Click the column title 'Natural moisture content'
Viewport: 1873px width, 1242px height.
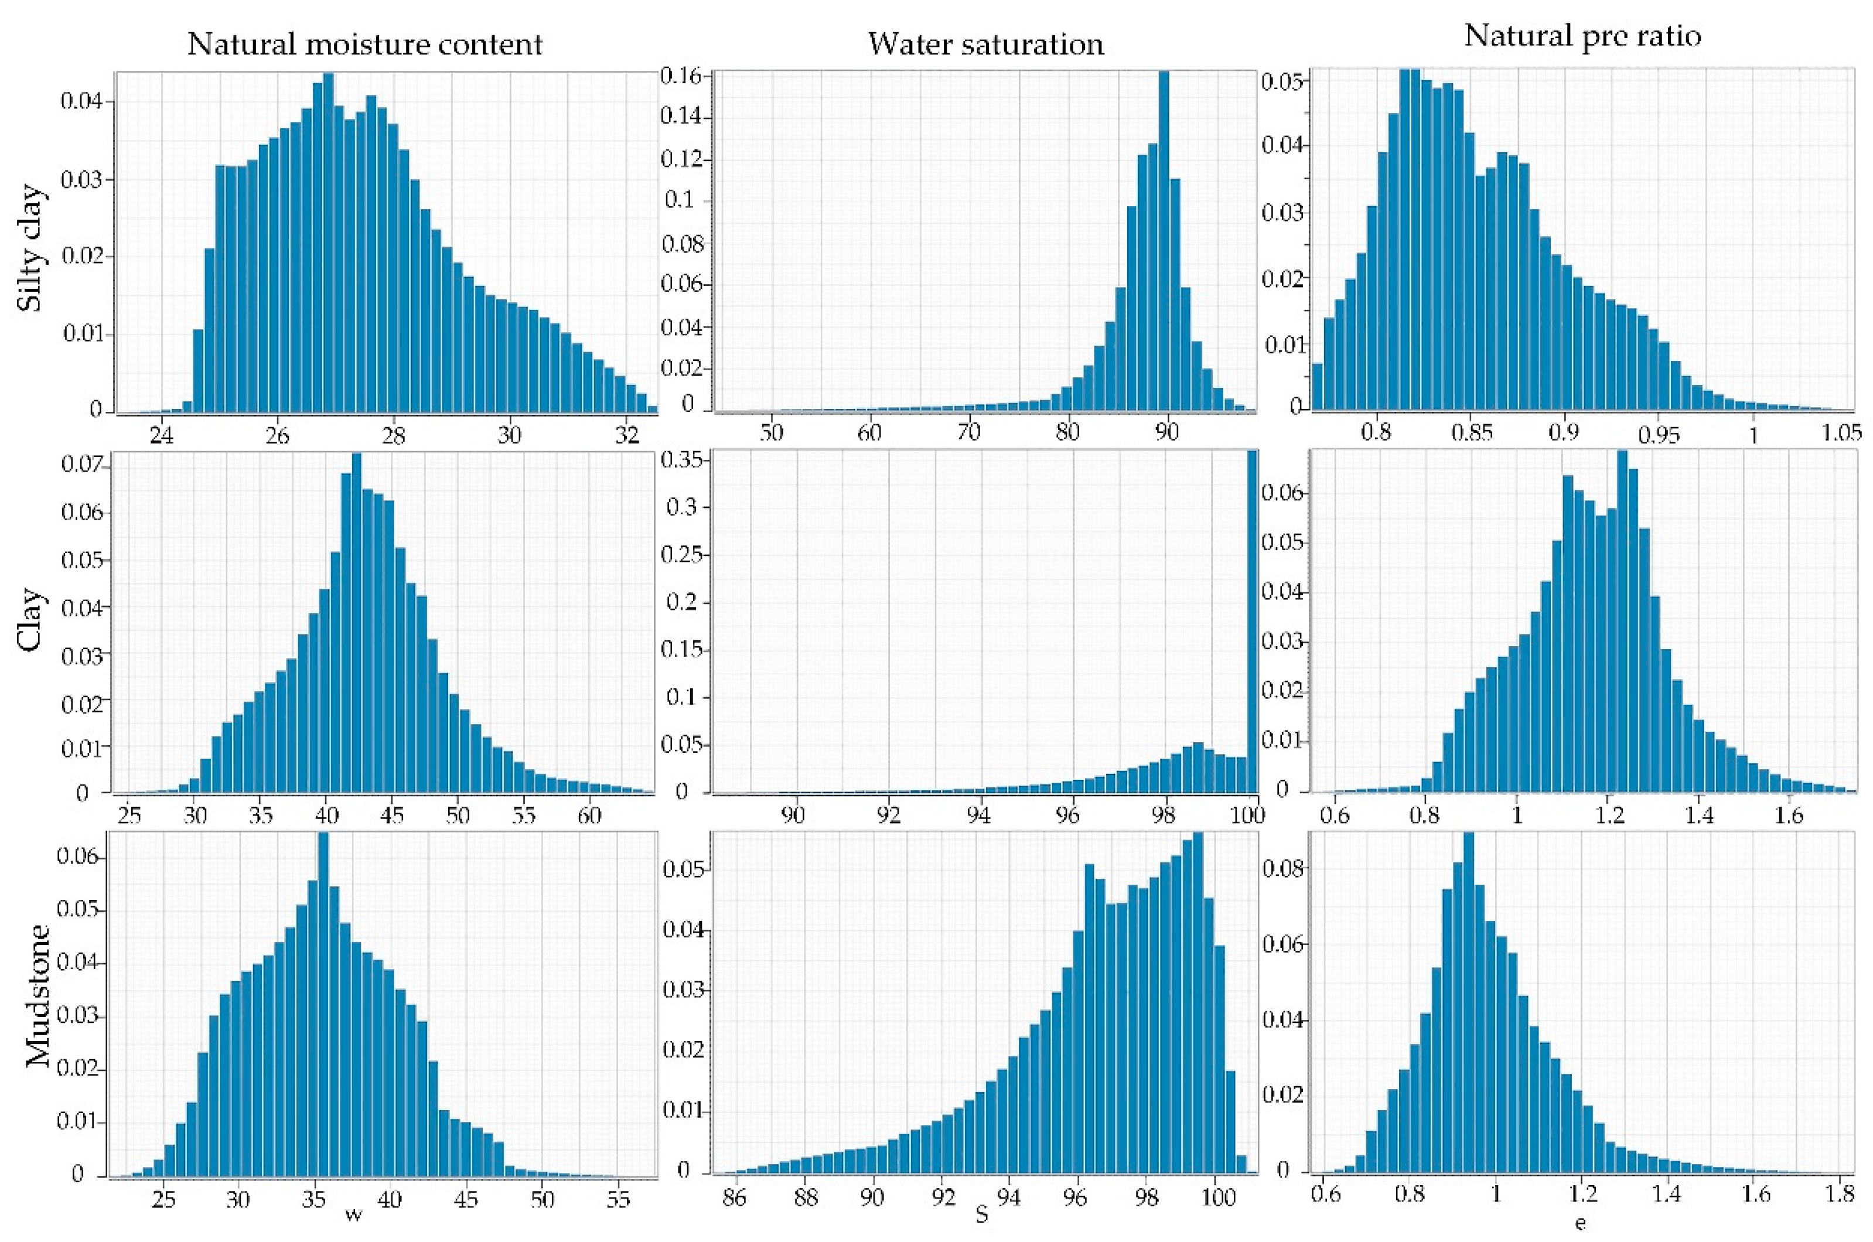(x=364, y=45)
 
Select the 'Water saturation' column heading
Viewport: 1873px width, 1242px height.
(x=985, y=45)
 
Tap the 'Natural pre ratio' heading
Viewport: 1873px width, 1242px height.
(x=1582, y=36)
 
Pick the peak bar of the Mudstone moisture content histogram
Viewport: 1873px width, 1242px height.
(x=322, y=1006)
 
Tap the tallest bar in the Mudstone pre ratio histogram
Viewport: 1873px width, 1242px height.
(x=1468, y=1006)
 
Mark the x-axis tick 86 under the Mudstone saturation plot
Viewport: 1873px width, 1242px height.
(x=734, y=1196)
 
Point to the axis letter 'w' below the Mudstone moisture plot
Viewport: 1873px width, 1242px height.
(x=353, y=1214)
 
